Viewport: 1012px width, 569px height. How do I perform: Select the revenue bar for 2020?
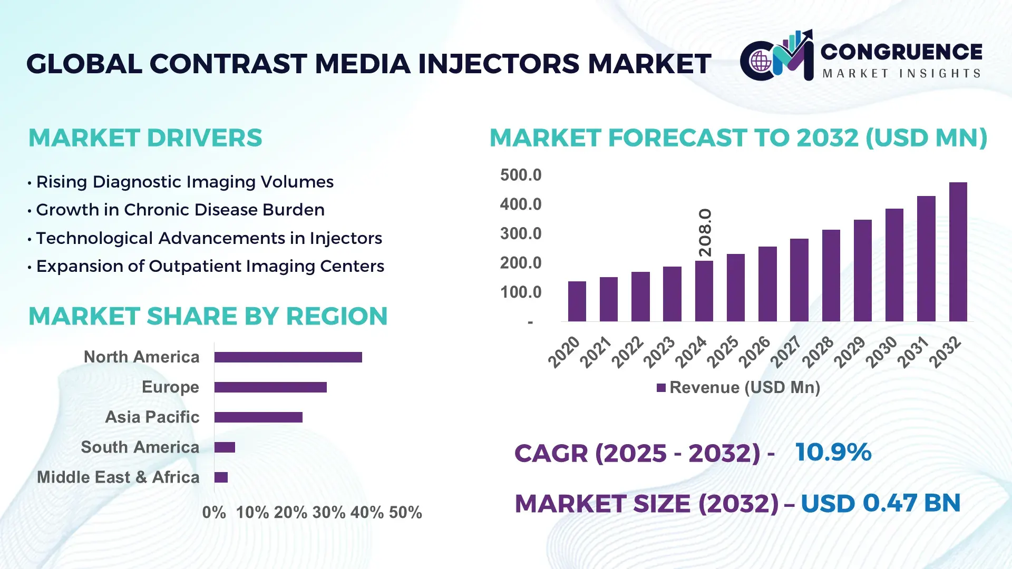[577, 301]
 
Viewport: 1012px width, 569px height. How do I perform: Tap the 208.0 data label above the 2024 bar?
[705, 232]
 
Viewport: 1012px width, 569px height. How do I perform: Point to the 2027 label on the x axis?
[785, 352]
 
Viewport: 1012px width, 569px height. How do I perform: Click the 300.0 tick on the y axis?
[520, 233]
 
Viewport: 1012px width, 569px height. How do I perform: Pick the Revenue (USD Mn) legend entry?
[738, 388]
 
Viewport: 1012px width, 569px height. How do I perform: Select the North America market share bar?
[288, 357]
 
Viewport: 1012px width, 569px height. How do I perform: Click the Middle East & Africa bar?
[221, 477]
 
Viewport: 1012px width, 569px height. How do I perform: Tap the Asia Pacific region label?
[152, 417]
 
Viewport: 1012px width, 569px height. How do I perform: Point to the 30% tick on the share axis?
[328, 512]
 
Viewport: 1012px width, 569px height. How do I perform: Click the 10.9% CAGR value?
[833, 452]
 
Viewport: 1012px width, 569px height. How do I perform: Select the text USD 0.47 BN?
[880, 503]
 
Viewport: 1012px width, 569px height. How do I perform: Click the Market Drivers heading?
[145, 138]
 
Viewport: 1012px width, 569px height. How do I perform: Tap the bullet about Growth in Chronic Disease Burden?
[180, 210]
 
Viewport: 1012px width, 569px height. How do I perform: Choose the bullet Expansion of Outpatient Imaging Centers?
[210, 266]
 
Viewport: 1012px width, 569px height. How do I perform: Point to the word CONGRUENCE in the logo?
[901, 52]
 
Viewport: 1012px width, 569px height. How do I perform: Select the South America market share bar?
[225, 447]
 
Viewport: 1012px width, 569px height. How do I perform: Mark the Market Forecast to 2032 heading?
[738, 138]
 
